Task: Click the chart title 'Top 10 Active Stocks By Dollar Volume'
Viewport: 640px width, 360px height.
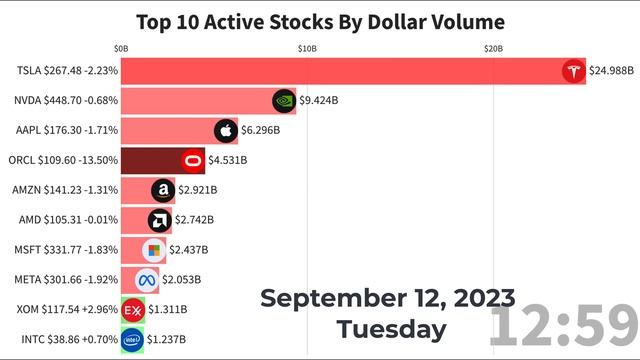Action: tap(320, 20)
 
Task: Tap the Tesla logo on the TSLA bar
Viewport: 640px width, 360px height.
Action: tap(573, 71)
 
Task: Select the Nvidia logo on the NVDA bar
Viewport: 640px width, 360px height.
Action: tap(284, 100)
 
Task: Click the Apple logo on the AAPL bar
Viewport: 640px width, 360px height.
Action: tap(226, 130)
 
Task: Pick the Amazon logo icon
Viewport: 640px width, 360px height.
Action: tap(163, 190)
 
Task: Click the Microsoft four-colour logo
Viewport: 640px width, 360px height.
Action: tap(154, 250)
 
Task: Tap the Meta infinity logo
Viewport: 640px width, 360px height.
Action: tap(148, 280)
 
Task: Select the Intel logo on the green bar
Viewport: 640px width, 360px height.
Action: tap(132, 340)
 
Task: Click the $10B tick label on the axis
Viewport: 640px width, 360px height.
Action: tap(307, 48)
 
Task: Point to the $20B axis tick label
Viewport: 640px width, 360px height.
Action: tap(494, 48)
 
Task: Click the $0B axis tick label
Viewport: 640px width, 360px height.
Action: tap(121, 48)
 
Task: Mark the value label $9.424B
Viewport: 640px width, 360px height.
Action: tap(319, 100)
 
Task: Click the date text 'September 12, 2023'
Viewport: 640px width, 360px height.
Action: tap(388, 298)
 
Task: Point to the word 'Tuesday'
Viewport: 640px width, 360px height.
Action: tap(391, 328)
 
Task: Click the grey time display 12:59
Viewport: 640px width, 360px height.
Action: tap(563, 327)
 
